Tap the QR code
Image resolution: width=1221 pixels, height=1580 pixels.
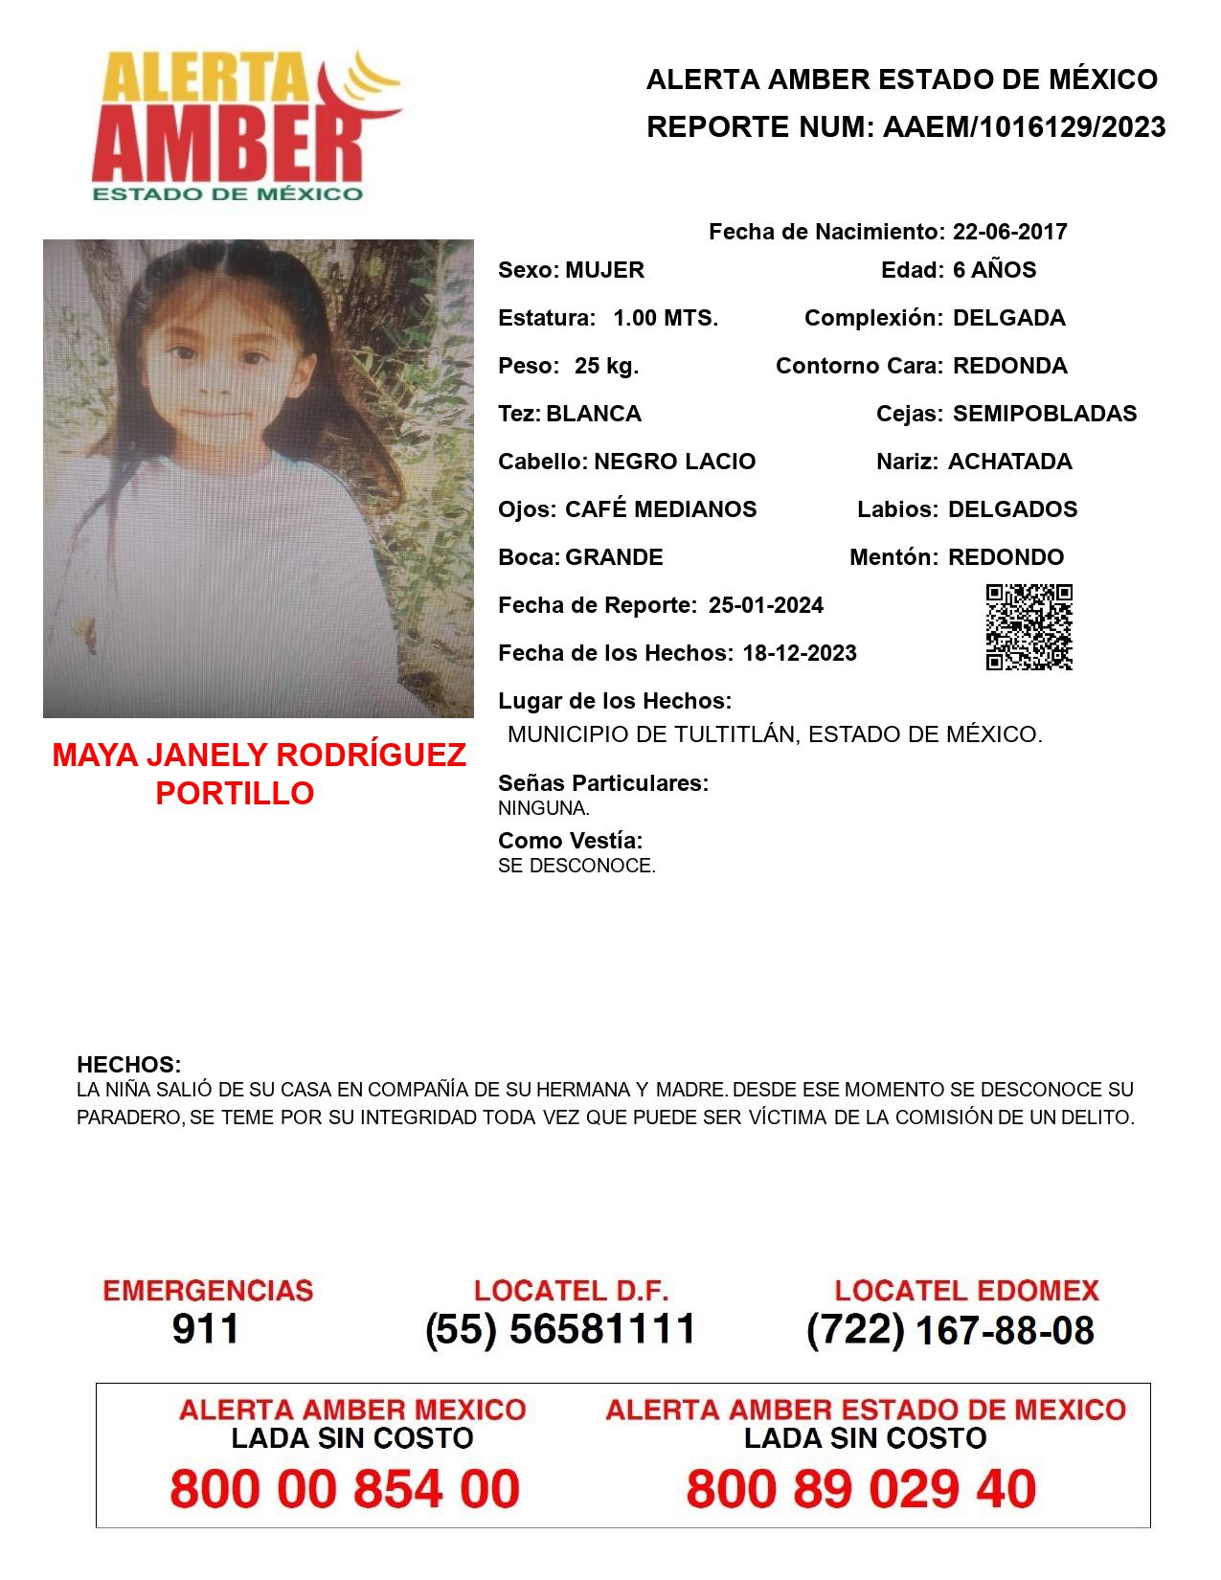coord(1029,627)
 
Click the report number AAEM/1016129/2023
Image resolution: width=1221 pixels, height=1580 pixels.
coord(1024,127)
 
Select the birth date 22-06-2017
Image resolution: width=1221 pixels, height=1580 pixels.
coord(1009,232)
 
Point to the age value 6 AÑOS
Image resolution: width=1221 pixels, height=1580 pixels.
coord(994,270)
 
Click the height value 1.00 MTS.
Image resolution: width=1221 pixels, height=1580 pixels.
coord(666,318)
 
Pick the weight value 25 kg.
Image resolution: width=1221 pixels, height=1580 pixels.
coord(606,366)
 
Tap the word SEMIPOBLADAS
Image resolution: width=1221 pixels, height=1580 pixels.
coord(1045,414)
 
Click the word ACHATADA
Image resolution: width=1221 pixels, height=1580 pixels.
coord(1009,462)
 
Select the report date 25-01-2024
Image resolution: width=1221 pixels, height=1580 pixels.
coord(765,605)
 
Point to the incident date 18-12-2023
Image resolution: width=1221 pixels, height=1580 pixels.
coord(800,653)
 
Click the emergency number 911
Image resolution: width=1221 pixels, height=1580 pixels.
coord(206,1329)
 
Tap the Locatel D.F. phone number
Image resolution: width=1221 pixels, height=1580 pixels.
coord(560,1329)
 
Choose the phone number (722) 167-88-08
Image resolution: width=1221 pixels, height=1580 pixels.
coord(950,1330)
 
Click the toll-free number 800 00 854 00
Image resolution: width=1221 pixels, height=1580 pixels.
coord(345,1489)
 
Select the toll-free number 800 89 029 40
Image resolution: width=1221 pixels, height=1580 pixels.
coord(861,1489)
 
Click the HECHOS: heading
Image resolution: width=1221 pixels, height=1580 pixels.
coord(128,1065)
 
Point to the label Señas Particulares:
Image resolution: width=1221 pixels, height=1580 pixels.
coord(603,783)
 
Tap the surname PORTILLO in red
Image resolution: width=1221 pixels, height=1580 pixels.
coord(235,793)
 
